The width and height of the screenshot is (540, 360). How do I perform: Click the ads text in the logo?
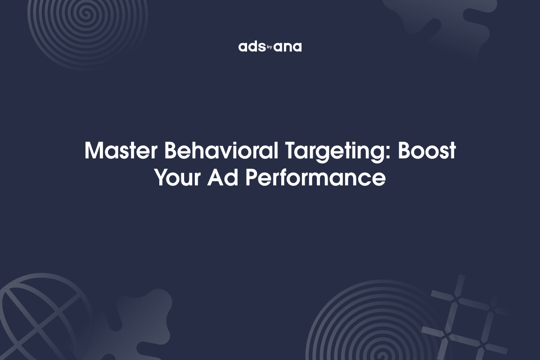pos(249,47)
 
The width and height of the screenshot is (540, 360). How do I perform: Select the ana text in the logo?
pos(288,47)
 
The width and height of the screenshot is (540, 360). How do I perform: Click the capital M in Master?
pos(93,151)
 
